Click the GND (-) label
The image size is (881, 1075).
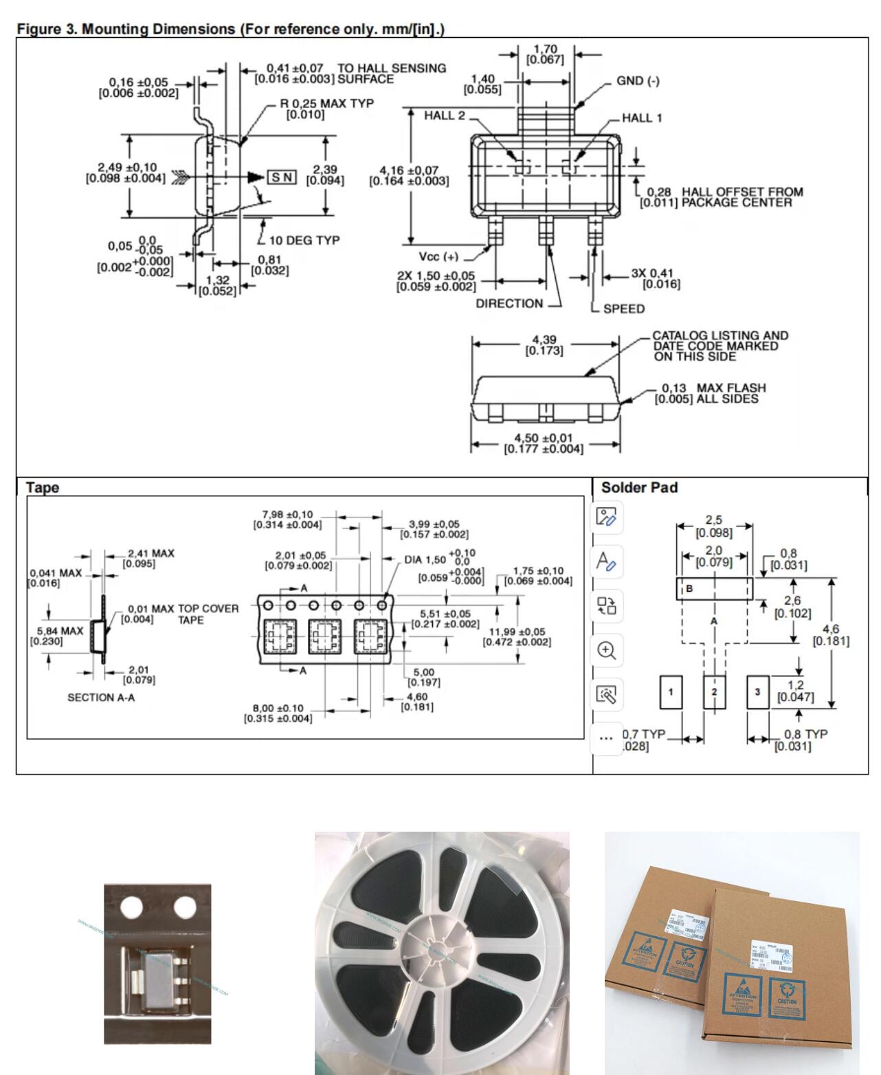tap(637, 81)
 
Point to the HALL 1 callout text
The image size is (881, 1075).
tap(642, 118)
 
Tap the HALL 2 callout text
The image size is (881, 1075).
tap(444, 115)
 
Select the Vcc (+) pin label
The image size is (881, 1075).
tap(438, 257)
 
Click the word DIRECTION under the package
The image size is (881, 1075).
tap(509, 304)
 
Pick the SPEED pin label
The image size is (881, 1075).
tap(623, 309)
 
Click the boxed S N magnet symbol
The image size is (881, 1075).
tap(281, 177)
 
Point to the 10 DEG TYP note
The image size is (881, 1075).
tap(304, 241)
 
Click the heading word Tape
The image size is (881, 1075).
tap(43, 488)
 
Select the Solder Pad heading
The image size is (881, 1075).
tap(639, 488)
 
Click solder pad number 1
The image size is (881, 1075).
tap(671, 692)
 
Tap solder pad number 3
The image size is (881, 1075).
tap(757, 692)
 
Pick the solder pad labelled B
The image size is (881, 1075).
tap(714, 589)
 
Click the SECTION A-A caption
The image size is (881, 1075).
tap(101, 698)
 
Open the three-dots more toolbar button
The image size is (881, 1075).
tap(606, 738)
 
